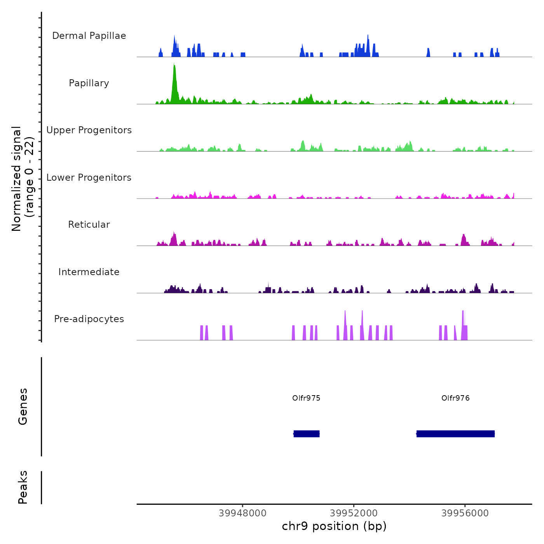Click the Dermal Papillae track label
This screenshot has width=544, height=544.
point(89,36)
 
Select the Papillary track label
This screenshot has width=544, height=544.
point(89,83)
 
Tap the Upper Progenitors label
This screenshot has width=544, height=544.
point(89,130)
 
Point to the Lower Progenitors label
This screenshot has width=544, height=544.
point(89,178)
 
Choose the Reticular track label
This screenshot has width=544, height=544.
point(89,225)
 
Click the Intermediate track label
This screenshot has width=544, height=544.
point(89,272)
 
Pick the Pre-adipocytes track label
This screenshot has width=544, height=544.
point(89,319)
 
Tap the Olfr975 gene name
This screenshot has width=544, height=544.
point(306,398)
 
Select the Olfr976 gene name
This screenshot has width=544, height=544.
point(455,398)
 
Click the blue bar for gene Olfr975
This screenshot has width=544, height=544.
point(307,434)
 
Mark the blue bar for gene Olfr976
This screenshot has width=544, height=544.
point(455,434)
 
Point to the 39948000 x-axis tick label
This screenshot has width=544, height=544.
point(242,513)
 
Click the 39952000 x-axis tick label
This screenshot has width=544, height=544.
point(354,513)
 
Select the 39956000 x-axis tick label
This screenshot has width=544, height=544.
point(465,513)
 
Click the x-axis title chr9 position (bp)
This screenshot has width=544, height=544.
point(334,527)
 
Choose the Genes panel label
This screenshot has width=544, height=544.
point(23,406)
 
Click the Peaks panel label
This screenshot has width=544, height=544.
point(23,487)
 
